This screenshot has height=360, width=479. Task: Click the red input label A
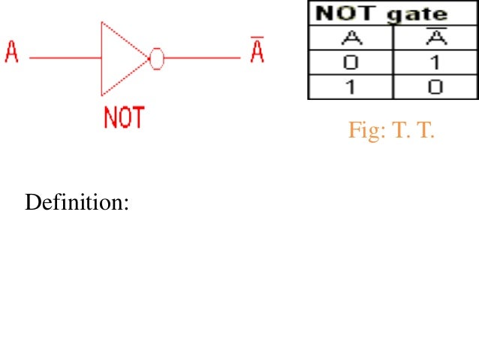[x=11, y=54]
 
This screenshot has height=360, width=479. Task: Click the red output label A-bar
[x=258, y=54]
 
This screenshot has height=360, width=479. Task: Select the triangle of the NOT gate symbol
[x=120, y=58]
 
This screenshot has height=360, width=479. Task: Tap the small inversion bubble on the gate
[x=156, y=58]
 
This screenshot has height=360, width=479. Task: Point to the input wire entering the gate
[x=64, y=58]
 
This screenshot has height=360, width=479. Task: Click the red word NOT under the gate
[x=124, y=119]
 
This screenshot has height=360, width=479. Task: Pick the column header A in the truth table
[x=348, y=37]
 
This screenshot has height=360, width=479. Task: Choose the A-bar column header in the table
[x=434, y=37]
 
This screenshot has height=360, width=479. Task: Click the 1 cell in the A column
[x=348, y=86]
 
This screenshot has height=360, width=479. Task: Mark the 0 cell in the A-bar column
[x=434, y=86]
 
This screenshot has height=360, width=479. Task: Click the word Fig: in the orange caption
[x=365, y=132]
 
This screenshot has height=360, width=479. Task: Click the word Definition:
[x=77, y=203]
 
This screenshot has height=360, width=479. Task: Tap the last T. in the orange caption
[x=424, y=132]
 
